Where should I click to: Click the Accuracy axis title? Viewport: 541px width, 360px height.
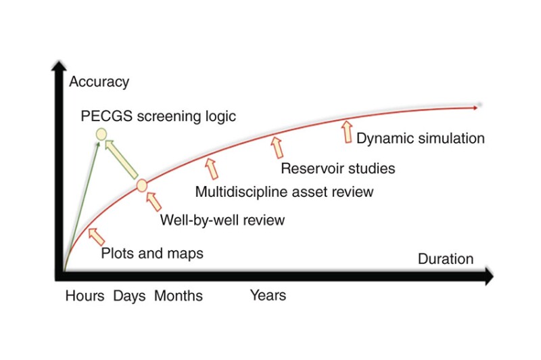(x=99, y=82)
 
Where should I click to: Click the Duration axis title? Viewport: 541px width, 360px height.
(x=445, y=258)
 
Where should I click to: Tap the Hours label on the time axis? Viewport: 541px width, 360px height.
(x=85, y=296)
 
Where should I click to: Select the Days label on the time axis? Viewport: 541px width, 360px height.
(x=129, y=296)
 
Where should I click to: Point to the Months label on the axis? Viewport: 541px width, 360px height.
(x=178, y=296)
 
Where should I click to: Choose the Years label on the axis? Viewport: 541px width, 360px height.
(x=268, y=295)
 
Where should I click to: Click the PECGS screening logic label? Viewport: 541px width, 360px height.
(x=158, y=116)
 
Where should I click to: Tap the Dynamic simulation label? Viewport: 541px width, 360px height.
(x=420, y=138)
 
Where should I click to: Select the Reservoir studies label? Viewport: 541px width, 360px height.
(x=337, y=168)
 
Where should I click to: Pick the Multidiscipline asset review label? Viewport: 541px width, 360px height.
(x=284, y=192)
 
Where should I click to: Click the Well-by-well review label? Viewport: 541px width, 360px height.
(x=222, y=220)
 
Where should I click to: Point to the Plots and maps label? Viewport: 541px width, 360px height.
(x=152, y=254)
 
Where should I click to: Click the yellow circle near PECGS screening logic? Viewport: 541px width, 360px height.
(x=101, y=134)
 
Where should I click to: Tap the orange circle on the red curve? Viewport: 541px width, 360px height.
(x=142, y=185)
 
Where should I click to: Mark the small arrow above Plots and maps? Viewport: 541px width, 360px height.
(x=96, y=235)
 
